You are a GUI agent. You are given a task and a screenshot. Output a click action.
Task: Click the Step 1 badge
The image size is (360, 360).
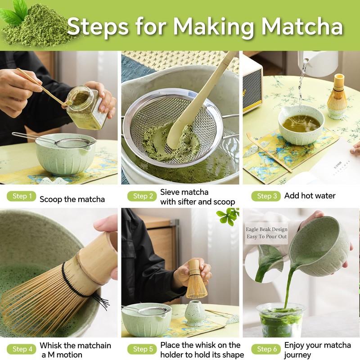point(21,196)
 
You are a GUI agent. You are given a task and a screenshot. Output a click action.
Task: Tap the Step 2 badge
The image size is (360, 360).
point(142,196)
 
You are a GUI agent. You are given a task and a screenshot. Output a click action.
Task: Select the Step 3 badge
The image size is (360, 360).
point(266,196)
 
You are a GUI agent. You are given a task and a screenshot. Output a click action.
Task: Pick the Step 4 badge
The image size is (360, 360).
point(21,349)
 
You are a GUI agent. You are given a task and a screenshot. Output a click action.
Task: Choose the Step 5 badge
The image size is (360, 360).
point(142,349)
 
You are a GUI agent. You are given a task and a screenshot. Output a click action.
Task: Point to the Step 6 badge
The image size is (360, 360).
point(266,349)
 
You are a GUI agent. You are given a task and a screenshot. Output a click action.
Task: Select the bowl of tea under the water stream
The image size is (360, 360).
point(301,125)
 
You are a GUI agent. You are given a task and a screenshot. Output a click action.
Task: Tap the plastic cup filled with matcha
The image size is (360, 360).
point(281,320)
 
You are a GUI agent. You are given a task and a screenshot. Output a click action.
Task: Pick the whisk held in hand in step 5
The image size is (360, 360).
point(196,279)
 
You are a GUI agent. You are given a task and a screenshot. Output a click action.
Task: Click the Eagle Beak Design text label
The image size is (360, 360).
point(266,233)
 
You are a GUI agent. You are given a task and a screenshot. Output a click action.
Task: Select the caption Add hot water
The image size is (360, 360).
point(310,196)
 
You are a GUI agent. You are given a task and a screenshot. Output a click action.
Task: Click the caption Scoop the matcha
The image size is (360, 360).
point(72,199)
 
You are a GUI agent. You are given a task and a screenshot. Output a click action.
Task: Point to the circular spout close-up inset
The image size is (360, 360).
point(264,264)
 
